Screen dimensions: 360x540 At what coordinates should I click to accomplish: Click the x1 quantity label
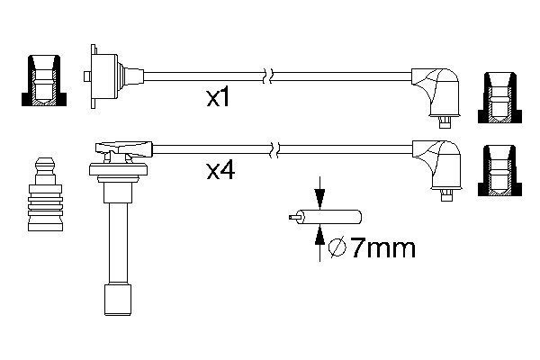point(218,98)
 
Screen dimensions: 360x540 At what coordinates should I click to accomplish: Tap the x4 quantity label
point(220,170)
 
